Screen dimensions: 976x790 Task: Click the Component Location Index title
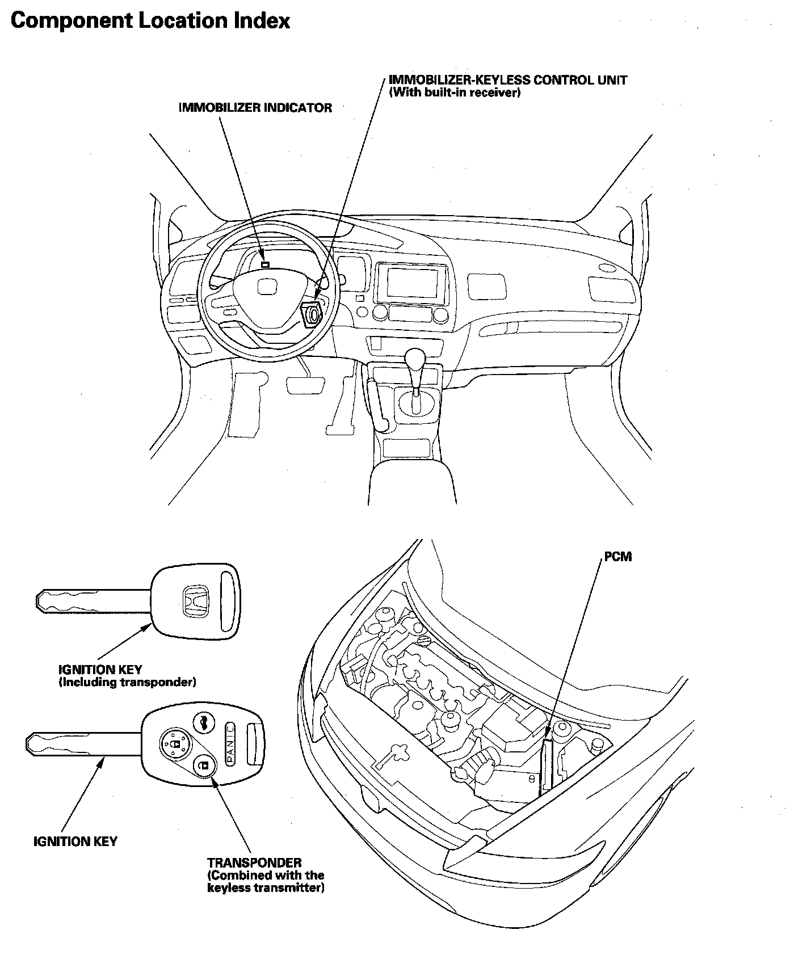point(150,21)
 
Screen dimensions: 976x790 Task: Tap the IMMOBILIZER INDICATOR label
point(255,107)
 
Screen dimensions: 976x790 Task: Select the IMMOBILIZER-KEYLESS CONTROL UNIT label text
point(508,80)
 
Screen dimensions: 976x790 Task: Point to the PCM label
point(617,557)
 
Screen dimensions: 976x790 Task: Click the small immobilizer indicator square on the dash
point(265,264)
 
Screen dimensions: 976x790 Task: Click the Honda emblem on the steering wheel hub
point(266,287)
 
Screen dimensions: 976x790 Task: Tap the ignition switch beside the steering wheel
point(312,314)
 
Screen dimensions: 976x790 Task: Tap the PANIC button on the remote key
point(230,744)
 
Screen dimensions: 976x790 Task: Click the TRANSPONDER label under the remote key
point(254,863)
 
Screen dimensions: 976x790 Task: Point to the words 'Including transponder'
point(128,682)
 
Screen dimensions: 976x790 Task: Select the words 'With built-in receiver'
point(455,93)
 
